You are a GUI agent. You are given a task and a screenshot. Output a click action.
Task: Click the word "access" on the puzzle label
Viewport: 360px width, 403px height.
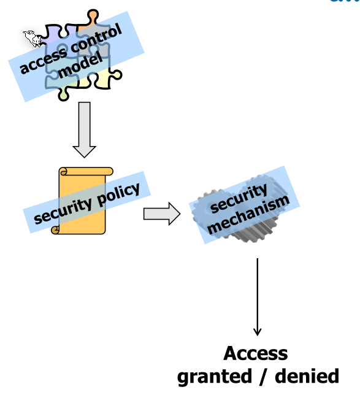42,61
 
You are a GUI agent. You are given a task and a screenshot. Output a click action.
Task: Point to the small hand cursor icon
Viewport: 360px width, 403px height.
32,39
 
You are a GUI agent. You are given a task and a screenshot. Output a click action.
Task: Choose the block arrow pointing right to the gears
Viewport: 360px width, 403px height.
161,214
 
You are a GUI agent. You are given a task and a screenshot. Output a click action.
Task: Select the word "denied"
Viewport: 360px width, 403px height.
307,376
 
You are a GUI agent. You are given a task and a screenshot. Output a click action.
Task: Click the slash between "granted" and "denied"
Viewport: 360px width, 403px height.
262,376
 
